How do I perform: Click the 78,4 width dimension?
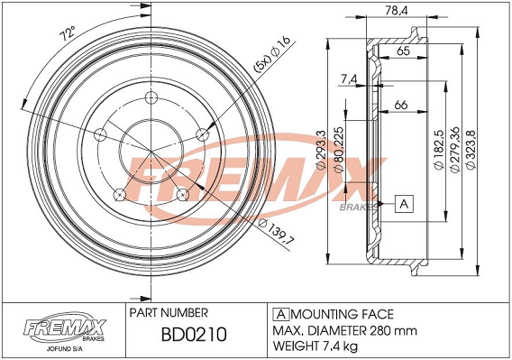click(397, 11)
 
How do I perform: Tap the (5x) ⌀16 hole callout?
click(271, 54)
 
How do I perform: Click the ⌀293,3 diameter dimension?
click(322, 150)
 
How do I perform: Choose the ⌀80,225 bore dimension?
click(339, 150)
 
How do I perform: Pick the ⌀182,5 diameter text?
click(438, 150)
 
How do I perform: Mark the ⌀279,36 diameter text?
click(454, 150)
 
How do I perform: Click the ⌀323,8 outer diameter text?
click(471, 150)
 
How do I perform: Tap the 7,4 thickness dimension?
click(349, 78)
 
